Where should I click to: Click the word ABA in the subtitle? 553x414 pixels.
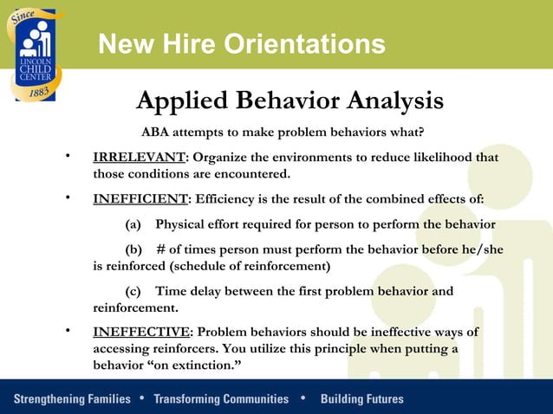click(157, 133)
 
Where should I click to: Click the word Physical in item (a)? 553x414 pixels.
click(180, 224)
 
